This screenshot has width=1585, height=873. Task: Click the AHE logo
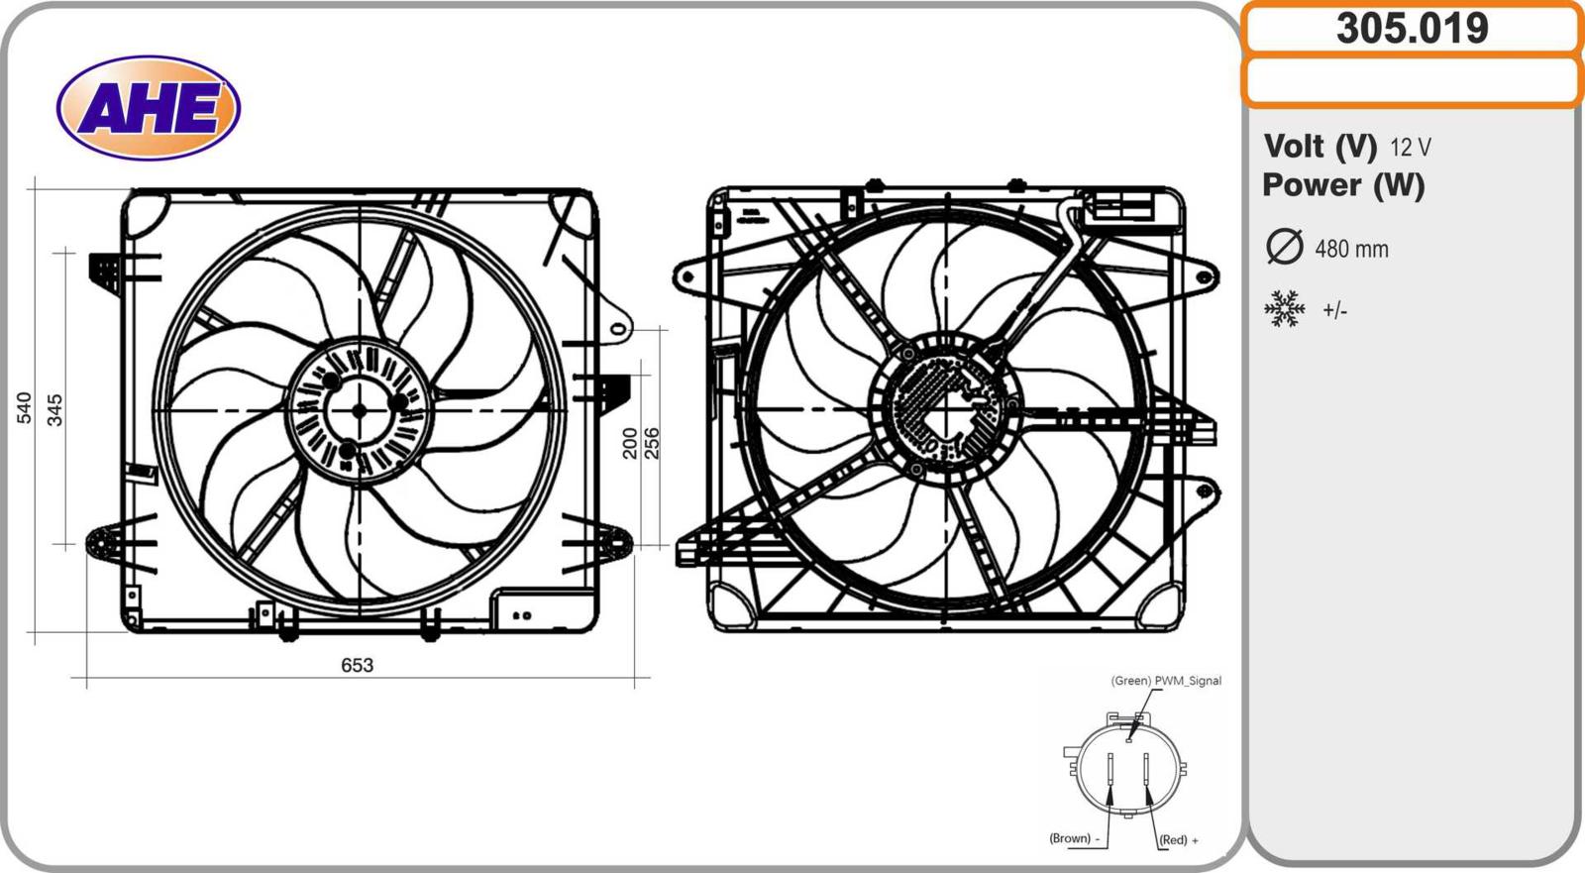149,107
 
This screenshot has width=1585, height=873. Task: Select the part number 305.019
1412,28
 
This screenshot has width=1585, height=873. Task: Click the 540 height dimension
24,407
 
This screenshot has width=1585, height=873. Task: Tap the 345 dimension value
55,409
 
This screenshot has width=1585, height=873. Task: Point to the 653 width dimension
357,665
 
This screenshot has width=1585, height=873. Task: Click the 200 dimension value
630,443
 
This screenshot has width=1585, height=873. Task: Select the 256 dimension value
651,443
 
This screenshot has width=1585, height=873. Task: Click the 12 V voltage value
1410,148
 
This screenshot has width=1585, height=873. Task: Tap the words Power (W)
1343,185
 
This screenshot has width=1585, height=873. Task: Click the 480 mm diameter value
1351,249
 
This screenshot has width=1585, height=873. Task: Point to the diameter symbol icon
1285,247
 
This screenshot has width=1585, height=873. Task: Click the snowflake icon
1285,309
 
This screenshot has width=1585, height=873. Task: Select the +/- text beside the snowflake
1334,311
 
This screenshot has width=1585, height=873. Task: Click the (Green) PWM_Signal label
1166,681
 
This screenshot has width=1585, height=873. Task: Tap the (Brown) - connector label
1074,838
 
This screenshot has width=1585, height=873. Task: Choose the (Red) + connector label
1178,840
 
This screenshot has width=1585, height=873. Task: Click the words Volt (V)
1320,147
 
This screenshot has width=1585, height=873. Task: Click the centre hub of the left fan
359,410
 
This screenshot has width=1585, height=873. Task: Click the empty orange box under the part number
1412,81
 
